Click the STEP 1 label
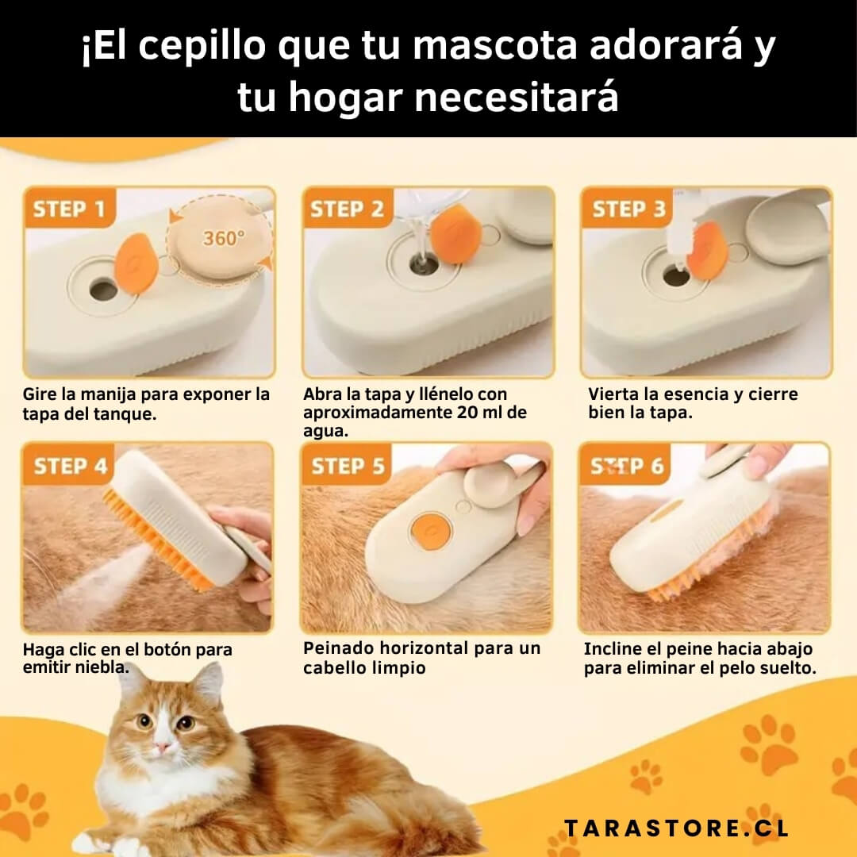(69, 209)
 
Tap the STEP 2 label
(347, 209)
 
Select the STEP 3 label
(629, 209)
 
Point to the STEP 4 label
(71, 466)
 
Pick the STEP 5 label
(348, 466)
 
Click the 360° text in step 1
(224, 238)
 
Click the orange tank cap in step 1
(136, 263)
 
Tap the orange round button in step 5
(431, 531)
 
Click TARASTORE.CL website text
(677, 828)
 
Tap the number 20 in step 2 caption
(468, 412)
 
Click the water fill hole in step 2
(424, 263)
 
